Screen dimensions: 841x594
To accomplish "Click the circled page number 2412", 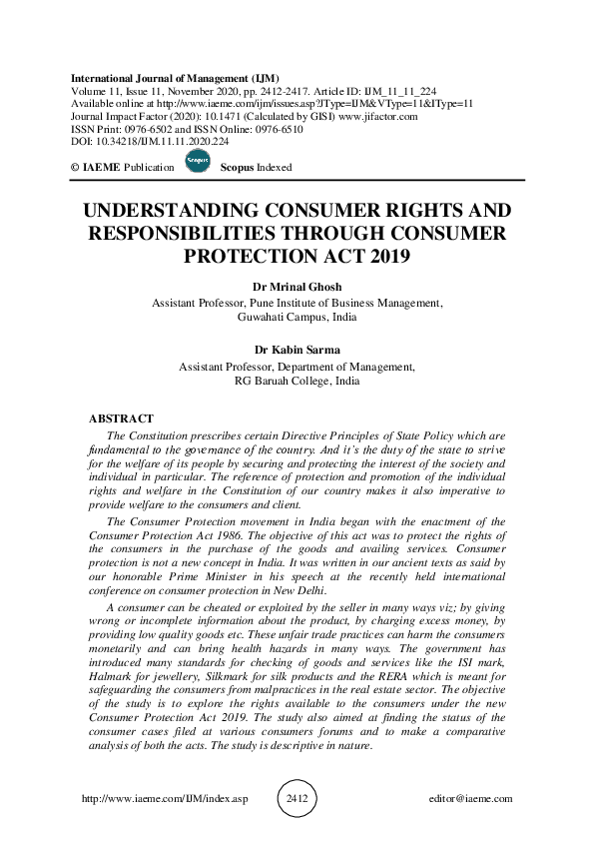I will (x=297, y=799).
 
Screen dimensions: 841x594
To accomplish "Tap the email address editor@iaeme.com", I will (x=467, y=799).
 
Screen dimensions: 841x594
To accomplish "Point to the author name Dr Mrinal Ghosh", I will (x=297, y=287).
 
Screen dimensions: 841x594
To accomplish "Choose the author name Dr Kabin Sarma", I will (x=297, y=351).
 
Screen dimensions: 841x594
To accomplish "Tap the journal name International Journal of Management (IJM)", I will (x=176, y=77).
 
